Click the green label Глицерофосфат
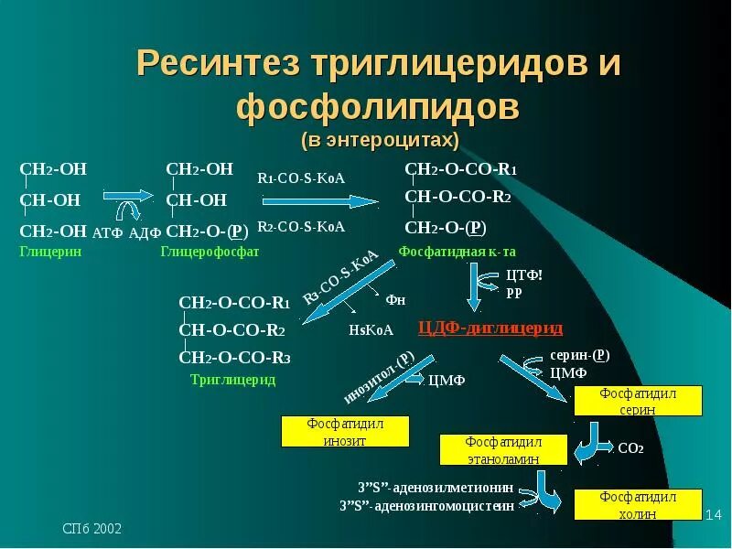pyautogui.click(x=210, y=252)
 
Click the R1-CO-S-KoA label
pyautogui.click(x=301, y=178)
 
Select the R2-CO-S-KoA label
pyautogui.click(x=301, y=226)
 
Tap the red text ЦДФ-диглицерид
pyautogui.click(x=490, y=328)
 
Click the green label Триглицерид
pyautogui.click(x=232, y=379)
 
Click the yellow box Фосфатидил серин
pyautogui.click(x=637, y=402)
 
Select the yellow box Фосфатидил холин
pyautogui.click(x=637, y=505)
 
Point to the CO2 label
pyautogui.click(x=631, y=449)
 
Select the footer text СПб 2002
pyautogui.click(x=91, y=530)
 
